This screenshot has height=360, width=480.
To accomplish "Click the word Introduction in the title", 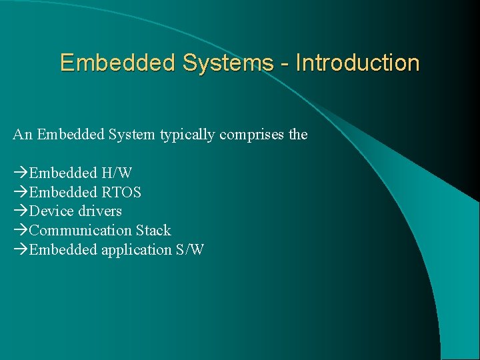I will click(x=357, y=63).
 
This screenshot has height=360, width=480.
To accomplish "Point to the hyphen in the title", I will click(x=285, y=64).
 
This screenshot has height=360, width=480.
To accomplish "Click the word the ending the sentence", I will click(x=297, y=135).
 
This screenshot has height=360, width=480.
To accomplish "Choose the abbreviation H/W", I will click(x=117, y=173).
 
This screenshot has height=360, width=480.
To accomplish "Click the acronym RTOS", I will click(x=121, y=193).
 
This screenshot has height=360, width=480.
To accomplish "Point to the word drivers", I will click(x=100, y=211).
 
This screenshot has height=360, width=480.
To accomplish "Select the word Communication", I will click(x=81, y=231).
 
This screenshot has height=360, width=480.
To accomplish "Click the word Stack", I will click(x=153, y=231).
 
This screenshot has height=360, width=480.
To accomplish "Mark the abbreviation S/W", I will click(x=190, y=250).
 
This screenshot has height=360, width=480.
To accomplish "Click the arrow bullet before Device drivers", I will click(x=21, y=212).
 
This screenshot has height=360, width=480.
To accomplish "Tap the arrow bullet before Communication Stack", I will click(x=21, y=231).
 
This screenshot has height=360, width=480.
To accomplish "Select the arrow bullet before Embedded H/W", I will click(x=21, y=173).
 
